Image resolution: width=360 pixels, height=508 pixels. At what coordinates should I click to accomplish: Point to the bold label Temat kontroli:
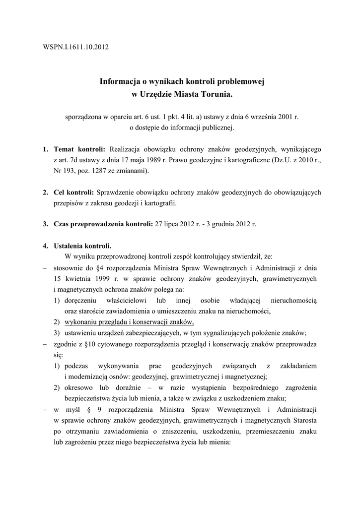tap(79, 149)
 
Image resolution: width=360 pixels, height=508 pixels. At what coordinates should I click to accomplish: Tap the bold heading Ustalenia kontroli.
tap(83, 246)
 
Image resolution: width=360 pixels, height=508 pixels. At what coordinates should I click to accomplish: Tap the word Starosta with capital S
tap(303, 421)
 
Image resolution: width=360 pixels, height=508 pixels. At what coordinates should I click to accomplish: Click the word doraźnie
tap(127, 387)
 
